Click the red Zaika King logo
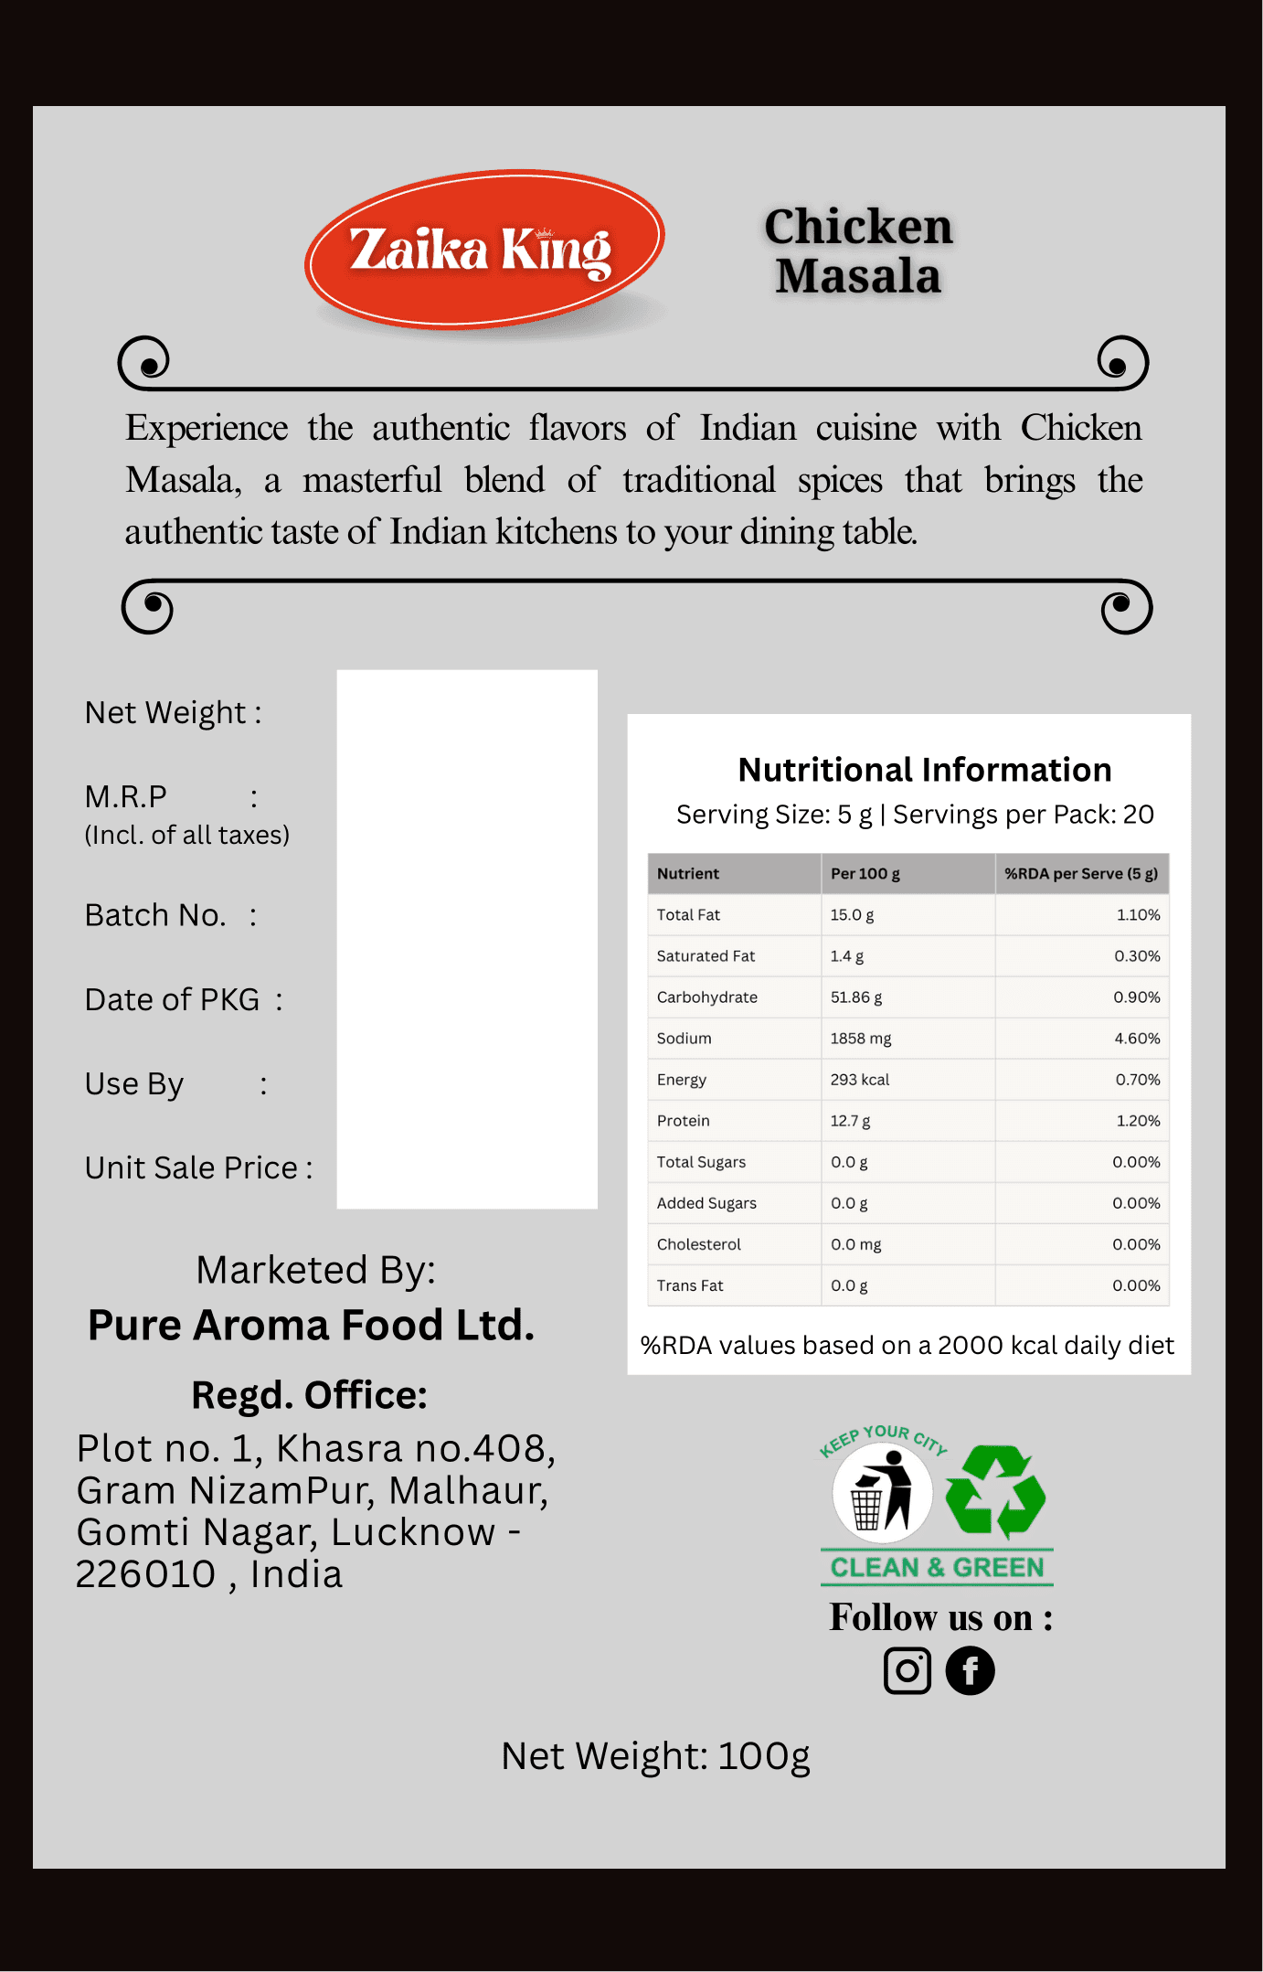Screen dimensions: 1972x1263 [484, 249]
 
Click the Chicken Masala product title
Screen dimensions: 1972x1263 [858, 251]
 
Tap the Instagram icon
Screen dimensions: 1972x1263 [907, 1670]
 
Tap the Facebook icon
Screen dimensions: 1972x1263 [970, 1670]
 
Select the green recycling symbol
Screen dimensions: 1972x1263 [995, 1490]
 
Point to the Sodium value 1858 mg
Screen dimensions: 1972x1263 [860, 1039]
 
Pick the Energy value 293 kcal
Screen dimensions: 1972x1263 [859, 1080]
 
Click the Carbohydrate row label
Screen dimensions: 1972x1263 [706, 997]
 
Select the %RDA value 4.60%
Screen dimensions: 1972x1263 [1136, 1039]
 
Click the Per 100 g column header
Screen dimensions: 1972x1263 [865, 874]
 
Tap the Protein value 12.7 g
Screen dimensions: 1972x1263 [850, 1121]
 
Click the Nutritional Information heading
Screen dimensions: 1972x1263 [924, 770]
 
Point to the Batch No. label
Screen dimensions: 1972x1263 [155, 915]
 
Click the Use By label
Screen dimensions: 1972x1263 [134, 1084]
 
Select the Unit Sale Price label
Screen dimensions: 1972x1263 [191, 1168]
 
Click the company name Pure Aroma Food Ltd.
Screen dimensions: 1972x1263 [311, 1326]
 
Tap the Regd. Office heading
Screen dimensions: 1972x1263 [309, 1395]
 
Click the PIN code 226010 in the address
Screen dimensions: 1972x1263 [145, 1574]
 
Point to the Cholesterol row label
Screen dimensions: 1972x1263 [698, 1244]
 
